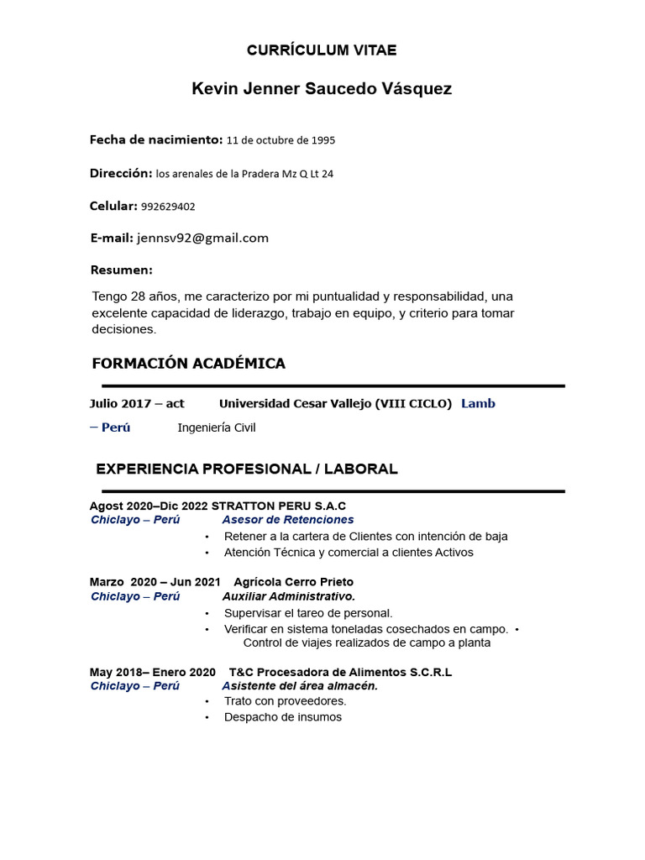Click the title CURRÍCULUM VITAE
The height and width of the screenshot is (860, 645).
click(x=322, y=50)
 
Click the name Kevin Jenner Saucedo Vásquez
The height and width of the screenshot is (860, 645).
click(x=322, y=88)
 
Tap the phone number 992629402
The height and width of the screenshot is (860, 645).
click(x=168, y=207)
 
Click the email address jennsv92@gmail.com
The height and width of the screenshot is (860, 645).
click(x=202, y=238)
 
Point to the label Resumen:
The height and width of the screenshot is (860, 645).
click(x=122, y=270)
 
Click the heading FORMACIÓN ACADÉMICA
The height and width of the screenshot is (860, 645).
click(x=188, y=364)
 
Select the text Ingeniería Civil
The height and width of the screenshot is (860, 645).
click(x=217, y=427)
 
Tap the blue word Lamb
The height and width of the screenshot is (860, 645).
click(x=478, y=403)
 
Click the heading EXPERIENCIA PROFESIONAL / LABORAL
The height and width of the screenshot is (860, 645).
click(x=247, y=469)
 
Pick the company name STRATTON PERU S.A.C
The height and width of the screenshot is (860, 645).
click(x=279, y=506)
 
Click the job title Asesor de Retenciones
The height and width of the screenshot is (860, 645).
click(x=288, y=520)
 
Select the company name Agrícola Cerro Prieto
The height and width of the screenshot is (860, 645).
click(x=293, y=581)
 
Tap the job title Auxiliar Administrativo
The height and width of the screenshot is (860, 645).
click(x=289, y=596)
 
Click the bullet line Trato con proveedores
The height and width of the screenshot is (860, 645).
click(x=285, y=701)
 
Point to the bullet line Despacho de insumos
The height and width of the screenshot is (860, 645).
click(x=283, y=717)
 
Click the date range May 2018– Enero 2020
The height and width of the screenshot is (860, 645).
click(x=152, y=672)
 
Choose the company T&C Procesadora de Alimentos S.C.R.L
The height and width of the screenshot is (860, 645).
click(x=340, y=672)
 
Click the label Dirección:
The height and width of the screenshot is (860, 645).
click(x=121, y=173)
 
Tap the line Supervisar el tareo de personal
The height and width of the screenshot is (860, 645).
click(x=308, y=613)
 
